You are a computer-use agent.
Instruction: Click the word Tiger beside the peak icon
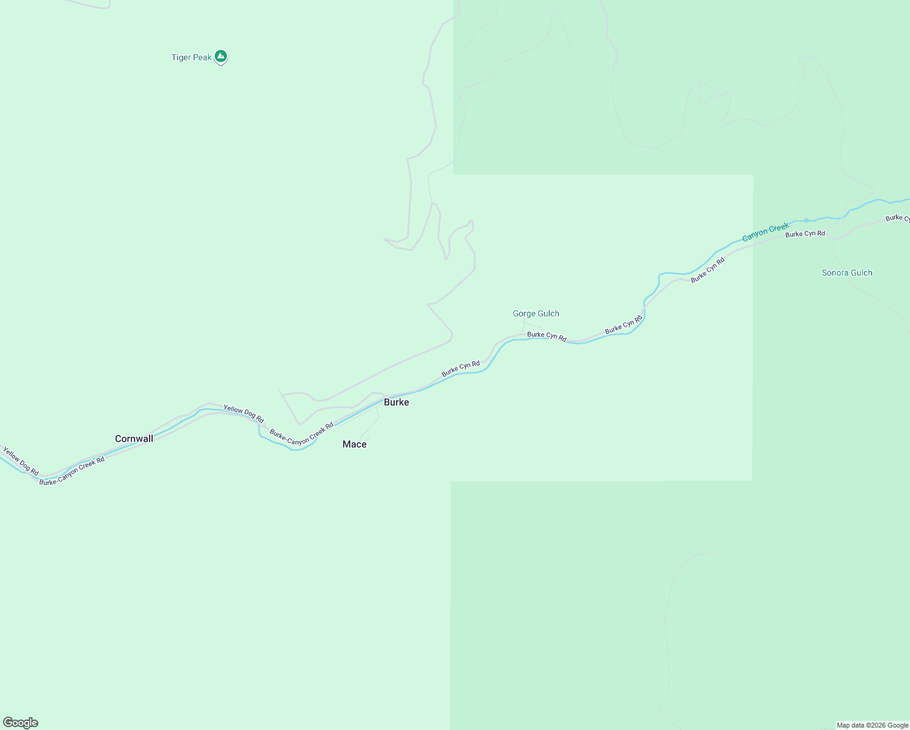[x=181, y=58]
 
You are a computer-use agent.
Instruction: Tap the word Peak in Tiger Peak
[x=203, y=58]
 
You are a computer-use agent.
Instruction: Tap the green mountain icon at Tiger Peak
[x=221, y=57]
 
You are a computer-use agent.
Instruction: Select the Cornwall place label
[x=134, y=439]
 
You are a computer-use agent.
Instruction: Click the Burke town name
[x=396, y=402]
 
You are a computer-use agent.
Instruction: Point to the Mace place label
[x=354, y=444]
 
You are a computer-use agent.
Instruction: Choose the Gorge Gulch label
[x=535, y=314]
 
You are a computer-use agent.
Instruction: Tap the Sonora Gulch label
[x=847, y=273]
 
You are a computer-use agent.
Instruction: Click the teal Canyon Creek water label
[x=765, y=232]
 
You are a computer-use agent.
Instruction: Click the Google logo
[x=21, y=723]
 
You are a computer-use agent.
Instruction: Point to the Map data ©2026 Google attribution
[x=872, y=725]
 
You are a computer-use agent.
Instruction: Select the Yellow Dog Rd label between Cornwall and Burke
[x=243, y=414]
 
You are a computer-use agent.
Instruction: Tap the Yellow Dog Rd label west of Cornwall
[x=21, y=461]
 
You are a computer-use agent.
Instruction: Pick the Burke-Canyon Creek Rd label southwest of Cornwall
[x=72, y=471]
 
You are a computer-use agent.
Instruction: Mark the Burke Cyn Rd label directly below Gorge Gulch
[x=546, y=336]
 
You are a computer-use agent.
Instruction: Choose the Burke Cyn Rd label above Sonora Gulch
[x=805, y=234]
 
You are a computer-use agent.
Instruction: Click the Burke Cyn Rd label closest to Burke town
[x=460, y=368]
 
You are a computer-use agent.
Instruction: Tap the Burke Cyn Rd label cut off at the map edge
[x=898, y=218]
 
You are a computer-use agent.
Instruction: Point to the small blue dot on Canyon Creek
[x=807, y=220]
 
